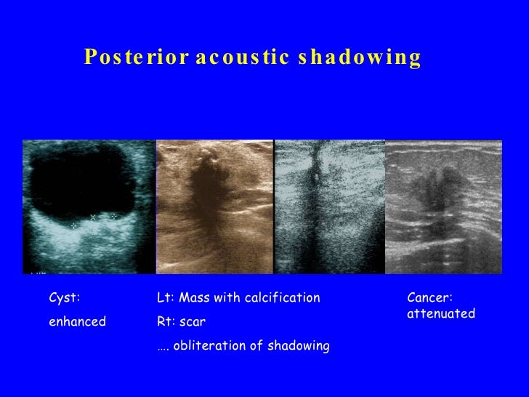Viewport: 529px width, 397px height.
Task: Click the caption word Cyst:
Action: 64,297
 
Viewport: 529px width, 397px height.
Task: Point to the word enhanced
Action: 77,321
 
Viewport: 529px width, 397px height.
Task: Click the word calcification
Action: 283,297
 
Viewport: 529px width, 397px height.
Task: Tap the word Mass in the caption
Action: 193,297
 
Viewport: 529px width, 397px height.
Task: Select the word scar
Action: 193,321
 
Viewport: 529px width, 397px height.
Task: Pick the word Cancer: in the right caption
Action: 430,297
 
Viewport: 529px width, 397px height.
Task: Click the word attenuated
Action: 440,314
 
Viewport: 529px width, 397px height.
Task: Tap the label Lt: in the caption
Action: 165,297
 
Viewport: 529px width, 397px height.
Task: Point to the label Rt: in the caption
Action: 166,321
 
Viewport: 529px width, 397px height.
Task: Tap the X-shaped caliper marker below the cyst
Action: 93,217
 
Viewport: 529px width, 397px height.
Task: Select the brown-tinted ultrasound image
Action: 214,206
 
